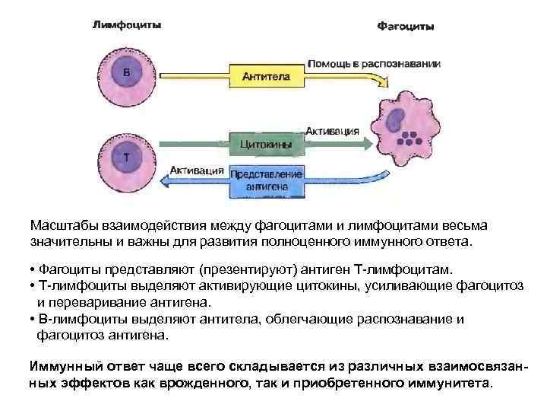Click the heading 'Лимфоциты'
pos(126,24)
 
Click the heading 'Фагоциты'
pos(406,27)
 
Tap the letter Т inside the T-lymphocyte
pos(126,156)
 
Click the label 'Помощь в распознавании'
pos(373,64)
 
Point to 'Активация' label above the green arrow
pos(332,130)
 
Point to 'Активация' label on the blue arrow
pos(197,170)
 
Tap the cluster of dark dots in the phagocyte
pos(411,139)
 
